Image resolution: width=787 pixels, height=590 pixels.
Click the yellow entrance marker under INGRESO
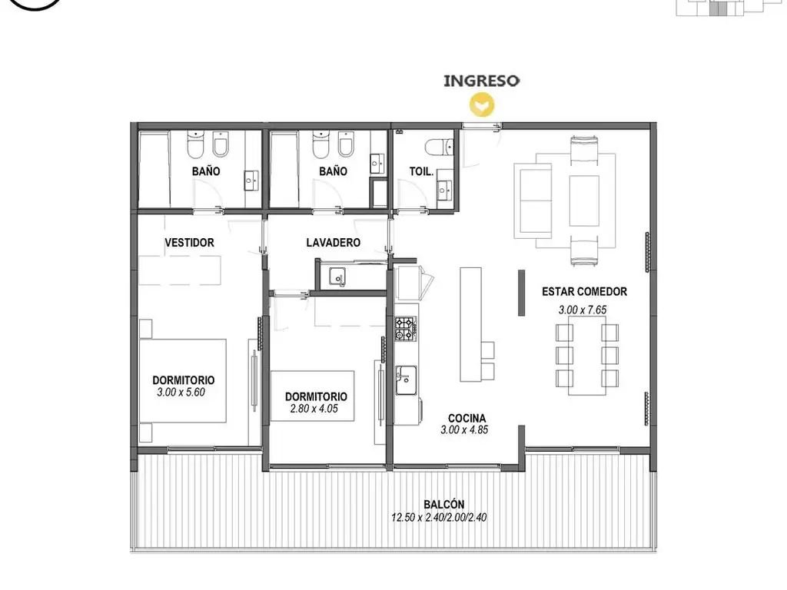click(482, 106)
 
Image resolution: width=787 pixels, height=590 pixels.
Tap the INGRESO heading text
click(481, 81)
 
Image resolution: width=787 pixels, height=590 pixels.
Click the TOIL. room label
click(421, 171)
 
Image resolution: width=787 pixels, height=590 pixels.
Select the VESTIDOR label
click(189, 243)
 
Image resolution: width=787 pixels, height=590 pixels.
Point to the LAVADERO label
click(334, 243)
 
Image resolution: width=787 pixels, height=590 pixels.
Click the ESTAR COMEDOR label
click(584, 291)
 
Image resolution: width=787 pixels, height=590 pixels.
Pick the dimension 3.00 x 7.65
click(583, 310)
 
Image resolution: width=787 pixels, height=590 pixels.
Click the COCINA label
click(467, 419)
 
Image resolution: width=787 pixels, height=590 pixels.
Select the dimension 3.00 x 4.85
click(464, 430)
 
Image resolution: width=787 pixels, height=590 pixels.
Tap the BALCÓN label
click(443, 505)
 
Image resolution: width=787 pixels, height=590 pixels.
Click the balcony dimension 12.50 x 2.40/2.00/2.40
click(439, 517)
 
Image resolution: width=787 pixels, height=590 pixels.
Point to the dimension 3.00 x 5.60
click(181, 393)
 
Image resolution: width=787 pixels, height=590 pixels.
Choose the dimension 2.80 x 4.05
click(314, 409)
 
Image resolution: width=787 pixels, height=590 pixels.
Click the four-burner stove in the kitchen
click(406, 329)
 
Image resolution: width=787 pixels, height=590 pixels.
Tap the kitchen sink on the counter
click(406, 380)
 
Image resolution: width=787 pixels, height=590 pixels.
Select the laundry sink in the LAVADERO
click(337, 277)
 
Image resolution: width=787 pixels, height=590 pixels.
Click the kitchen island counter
click(471, 324)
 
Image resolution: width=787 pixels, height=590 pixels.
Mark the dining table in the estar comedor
click(586, 355)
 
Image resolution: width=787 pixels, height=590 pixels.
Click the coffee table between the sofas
click(584, 201)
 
